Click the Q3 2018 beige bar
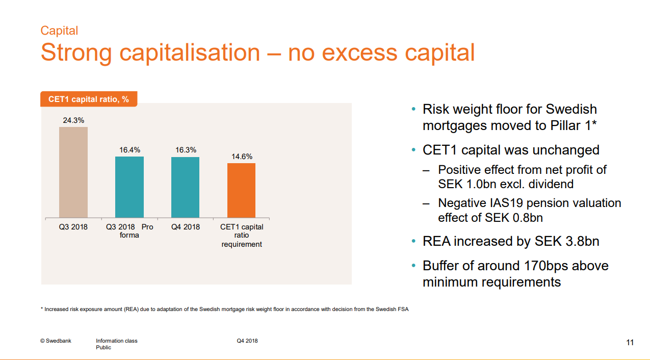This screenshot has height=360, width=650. pyautogui.click(x=73, y=172)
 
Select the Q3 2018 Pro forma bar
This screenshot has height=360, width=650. pyautogui.click(x=129, y=187)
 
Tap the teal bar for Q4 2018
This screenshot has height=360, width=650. pyautogui.click(x=185, y=187)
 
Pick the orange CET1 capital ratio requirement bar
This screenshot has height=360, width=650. pyautogui.click(x=241, y=190)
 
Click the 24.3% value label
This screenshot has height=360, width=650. pyautogui.click(x=73, y=120)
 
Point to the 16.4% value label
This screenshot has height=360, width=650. pyautogui.click(x=129, y=150)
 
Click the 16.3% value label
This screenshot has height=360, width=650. pyautogui.click(x=186, y=150)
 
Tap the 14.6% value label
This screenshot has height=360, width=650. pyautogui.click(x=242, y=157)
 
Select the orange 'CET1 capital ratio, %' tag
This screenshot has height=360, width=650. pyautogui.click(x=89, y=99)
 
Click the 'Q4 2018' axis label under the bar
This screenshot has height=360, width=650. pyautogui.click(x=186, y=227)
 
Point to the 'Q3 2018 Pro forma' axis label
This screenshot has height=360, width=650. pyautogui.click(x=129, y=231)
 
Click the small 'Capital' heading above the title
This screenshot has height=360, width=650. pyautogui.click(x=59, y=31)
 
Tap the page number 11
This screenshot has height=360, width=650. pyautogui.click(x=630, y=343)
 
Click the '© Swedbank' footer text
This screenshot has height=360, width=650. pyautogui.click(x=56, y=341)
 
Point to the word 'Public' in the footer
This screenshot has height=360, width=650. pyautogui.click(x=103, y=347)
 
